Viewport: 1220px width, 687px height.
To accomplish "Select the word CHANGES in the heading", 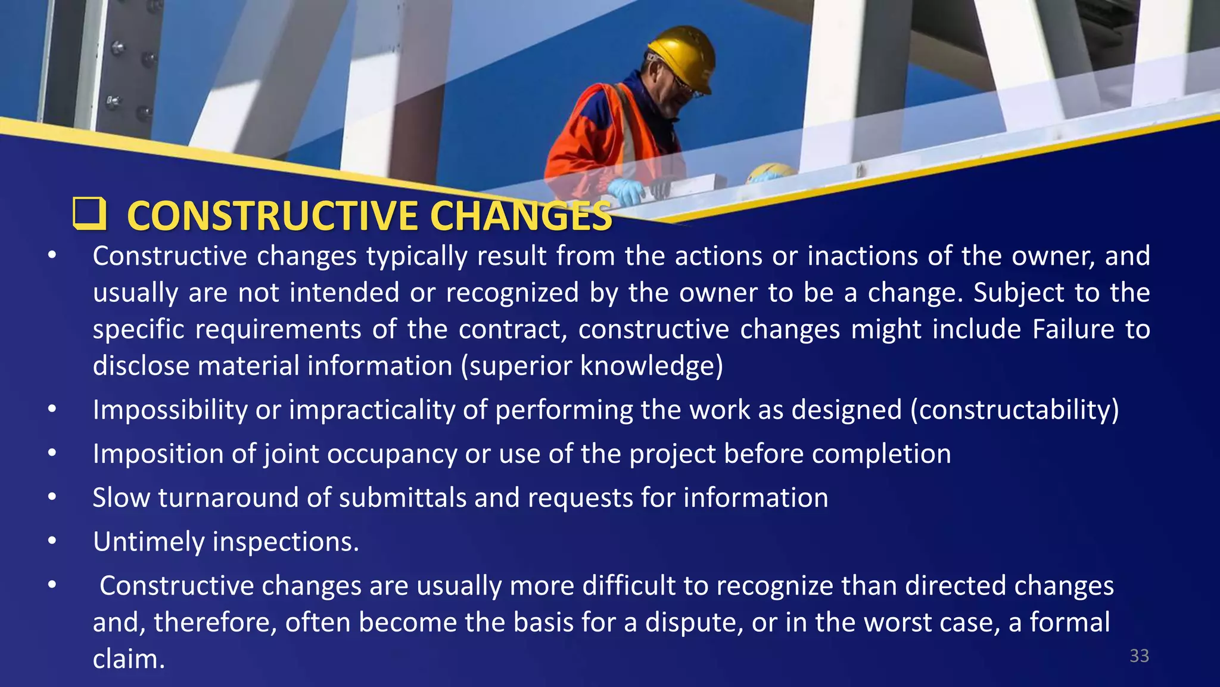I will [521, 216].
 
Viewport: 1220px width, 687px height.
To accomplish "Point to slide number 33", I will [1139, 656].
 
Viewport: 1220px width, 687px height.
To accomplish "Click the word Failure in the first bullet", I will [1073, 329].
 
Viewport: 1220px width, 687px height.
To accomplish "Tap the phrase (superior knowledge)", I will [592, 366].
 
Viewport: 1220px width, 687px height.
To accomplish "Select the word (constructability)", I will [1014, 410].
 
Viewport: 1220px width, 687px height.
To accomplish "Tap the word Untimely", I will [148, 541].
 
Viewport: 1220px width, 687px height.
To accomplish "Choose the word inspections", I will [285, 541].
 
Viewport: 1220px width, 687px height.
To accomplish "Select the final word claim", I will [129, 659].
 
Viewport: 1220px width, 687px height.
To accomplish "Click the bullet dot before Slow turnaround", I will [52, 497].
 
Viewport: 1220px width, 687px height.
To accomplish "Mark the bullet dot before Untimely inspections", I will [52, 541].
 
